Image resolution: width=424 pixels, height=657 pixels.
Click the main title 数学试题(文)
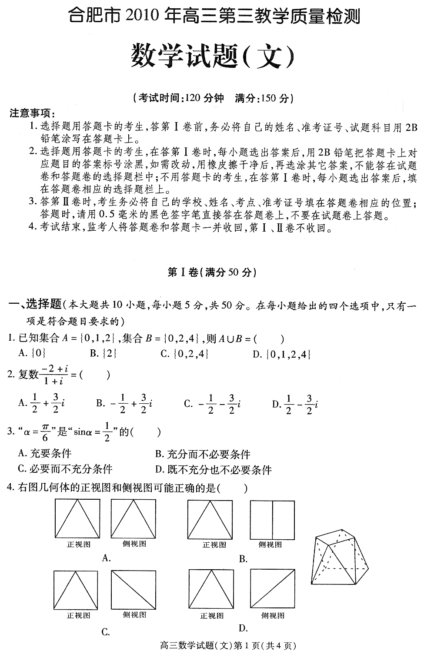tap(212, 57)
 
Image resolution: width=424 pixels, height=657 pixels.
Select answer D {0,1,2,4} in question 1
tap(282, 354)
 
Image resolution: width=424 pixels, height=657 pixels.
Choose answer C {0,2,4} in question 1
tap(185, 354)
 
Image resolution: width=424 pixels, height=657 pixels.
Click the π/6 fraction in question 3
tap(45, 432)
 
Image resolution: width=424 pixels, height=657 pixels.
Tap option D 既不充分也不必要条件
tap(213, 470)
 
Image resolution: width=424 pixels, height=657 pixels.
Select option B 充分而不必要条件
tap(203, 455)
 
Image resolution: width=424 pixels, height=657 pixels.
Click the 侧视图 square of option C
tap(134, 590)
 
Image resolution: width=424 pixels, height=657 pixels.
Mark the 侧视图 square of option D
tap(273, 590)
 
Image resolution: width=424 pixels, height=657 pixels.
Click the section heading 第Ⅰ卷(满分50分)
tap(212, 272)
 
